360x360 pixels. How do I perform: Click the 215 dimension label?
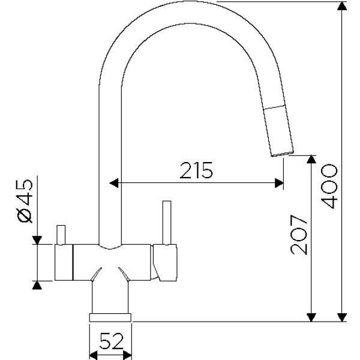pos(196,170)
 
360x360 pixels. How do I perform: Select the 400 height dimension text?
pos(329,186)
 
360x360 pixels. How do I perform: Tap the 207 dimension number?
pos(299,235)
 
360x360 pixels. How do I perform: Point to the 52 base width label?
pos(112,341)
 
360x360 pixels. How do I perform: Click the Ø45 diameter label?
pos(25,201)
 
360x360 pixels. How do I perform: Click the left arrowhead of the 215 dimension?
pos(114,183)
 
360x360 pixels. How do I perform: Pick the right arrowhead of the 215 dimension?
pos(279,183)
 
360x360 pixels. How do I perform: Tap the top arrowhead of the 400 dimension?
pos(342,6)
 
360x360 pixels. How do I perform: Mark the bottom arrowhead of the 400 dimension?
pos(342,317)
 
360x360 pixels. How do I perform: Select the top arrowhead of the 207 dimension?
pos(311,160)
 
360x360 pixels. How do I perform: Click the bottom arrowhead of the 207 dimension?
pos(311,317)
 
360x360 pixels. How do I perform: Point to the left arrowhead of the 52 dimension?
pos(94,355)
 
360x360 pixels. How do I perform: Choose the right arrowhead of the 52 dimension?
pos(127,355)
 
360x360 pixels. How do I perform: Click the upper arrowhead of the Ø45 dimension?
pos(37,240)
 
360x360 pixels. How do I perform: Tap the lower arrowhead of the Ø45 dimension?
pos(37,285)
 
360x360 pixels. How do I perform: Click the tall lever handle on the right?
pos(167,223)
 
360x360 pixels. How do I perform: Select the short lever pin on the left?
pos(61,235)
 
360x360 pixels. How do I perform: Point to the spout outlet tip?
pos(283,154)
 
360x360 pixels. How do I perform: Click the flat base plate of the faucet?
pos(110,317)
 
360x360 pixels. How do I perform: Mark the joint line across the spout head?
pos(274,107)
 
